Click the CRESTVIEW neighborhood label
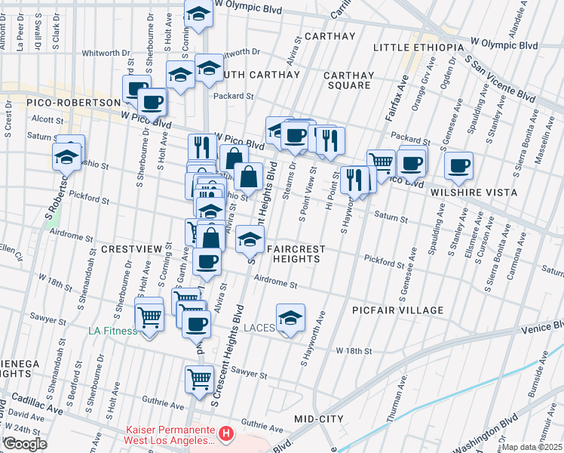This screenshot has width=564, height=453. click(x=136, y=248)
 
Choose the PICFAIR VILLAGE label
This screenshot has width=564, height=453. click(x=397, y=310)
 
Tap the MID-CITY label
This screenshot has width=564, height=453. click(x=319, y=418)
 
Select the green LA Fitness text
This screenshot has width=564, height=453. click(x=112, y=331)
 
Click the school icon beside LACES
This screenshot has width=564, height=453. click(x=290, y=319)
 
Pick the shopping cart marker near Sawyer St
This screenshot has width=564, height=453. click(x=199, y=378)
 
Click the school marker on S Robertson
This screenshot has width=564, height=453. click(x=66, y=156)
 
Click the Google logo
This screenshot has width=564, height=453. click(x=25, y=443)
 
